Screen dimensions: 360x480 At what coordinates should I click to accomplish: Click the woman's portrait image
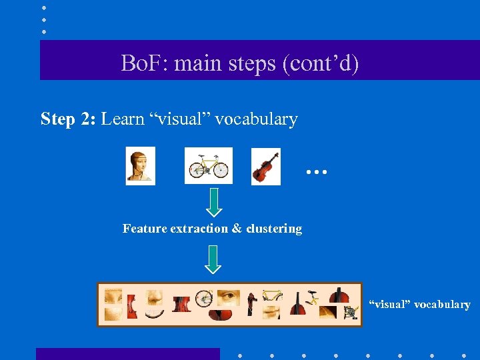click(141, 165)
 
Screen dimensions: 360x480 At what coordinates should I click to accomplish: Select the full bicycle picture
click(209, 165)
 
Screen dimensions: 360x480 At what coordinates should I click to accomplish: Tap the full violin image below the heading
click(265, 165)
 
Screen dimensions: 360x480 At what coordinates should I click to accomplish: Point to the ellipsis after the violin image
click(317, 172)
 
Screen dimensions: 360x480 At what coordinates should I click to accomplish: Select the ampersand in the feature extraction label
click(237, 229)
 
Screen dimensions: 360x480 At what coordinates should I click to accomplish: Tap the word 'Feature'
click(144, 229)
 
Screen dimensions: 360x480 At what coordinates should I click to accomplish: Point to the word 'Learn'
click(123, 119)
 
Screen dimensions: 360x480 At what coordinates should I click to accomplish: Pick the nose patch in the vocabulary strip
click(155, 297)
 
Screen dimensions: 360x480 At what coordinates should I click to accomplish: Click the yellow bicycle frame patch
click(272, 295)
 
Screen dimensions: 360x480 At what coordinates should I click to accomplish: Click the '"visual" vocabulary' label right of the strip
click(420, 305)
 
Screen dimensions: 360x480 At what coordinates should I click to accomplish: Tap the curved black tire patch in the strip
click(155, 313)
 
